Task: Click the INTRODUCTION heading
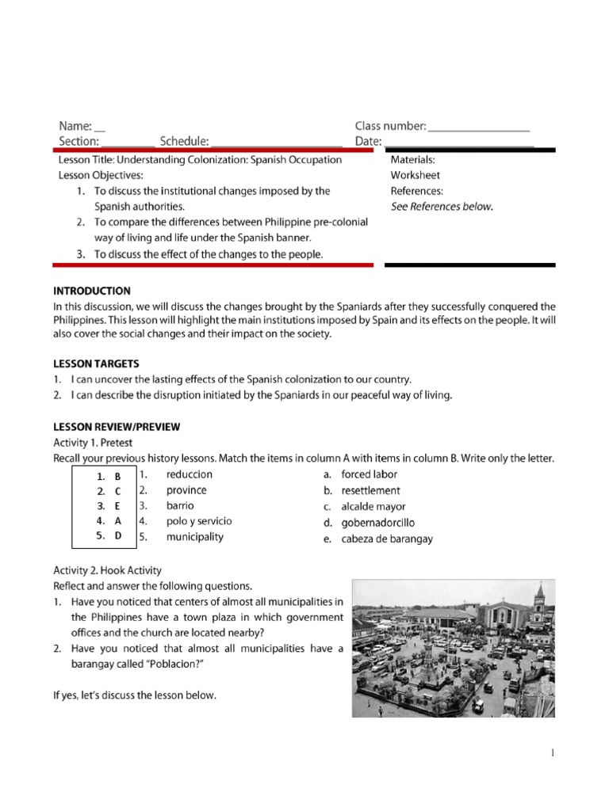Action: (92, 291)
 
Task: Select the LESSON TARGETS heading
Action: (96, 364)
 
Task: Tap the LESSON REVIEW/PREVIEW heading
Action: (117, 427)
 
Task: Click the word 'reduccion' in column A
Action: (189, 474)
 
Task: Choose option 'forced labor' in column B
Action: (369, 475)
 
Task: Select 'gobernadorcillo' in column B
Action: (377, 523)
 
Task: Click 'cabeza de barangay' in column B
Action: (387, 539)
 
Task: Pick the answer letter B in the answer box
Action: (117, 477)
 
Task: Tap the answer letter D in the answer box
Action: (117, 536)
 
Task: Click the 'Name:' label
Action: (75, 126)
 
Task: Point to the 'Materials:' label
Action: (412, 159)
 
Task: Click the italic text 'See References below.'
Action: (442, 207)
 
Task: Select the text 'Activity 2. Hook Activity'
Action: (107, 570)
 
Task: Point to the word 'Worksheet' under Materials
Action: (415, 175)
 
